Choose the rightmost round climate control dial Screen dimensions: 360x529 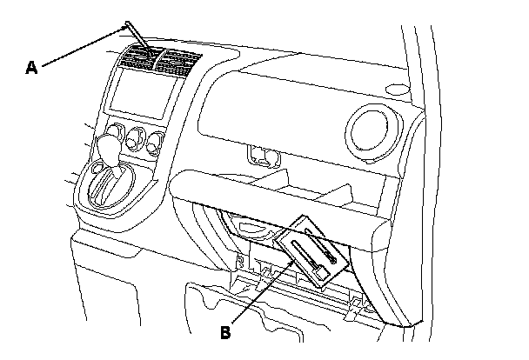[x=157, y=141]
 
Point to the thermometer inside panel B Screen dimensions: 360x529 [x=308, y=258]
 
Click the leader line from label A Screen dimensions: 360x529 [x=78, y=47]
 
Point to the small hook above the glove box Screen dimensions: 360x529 [x=259, y=157]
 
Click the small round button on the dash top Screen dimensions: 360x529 [x=396, y=88]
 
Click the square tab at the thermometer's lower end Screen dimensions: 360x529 [x=322, y=273]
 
